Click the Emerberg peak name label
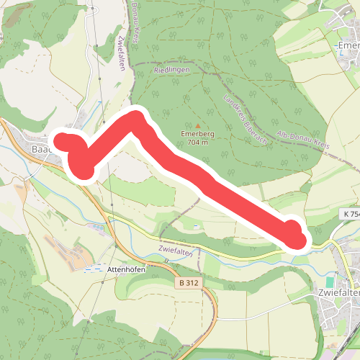point(194,133)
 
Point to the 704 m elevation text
point(194,142)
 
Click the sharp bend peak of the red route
point(135,118)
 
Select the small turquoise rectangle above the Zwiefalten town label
point(330,282)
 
